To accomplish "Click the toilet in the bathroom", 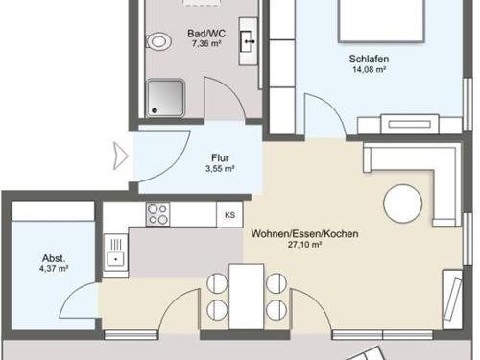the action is tap(158, 41).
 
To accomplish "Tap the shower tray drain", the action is tap(155, 110).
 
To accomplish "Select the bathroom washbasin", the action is tap(249, 41).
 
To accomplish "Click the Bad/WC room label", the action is tap(206, 34).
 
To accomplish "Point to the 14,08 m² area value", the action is tap(369, 69).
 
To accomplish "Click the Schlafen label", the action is tap(369, 59).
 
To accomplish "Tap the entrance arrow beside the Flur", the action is tap(121, 156).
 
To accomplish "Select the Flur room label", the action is tap(220, 157).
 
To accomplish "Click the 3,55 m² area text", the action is tap(220, 168).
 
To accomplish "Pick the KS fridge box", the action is tap(229, 214).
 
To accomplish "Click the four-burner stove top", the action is tap(157, 214).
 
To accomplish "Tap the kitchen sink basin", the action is tap(115, 258).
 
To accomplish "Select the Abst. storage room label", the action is tap(54, 258).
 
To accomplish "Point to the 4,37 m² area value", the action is tap(54, 268).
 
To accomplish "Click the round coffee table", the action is tap(403, 204).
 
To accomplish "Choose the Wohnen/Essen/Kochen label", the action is tap(304, 234).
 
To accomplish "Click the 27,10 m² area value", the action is tap(304, 245).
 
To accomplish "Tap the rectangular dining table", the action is tap(247, 297).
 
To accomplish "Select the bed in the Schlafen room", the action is tap(381, 20).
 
